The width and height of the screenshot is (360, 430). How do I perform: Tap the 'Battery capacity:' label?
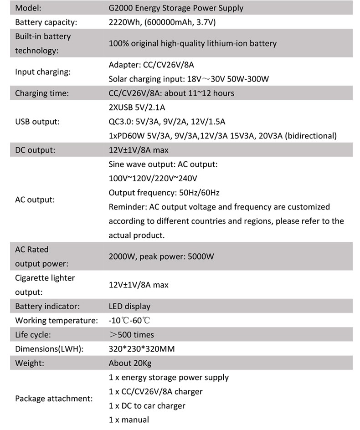[46, 22]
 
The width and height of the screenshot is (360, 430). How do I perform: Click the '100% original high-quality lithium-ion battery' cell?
[193, 43]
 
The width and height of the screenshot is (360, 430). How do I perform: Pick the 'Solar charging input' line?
[189, 79]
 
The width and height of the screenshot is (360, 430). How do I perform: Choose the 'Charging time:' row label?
[42, 93]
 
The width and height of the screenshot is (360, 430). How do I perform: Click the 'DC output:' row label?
[35, 150]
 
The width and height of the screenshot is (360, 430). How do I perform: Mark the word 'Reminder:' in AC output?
[127, 207]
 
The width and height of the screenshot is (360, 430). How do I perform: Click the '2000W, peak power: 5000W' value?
[161, 256]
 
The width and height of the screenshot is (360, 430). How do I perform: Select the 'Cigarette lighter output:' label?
[45, 285]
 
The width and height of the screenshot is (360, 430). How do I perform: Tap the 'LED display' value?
[129, 306]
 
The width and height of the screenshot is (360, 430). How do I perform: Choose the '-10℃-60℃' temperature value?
[129, 321]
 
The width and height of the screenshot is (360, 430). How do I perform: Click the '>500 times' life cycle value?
[132, 335]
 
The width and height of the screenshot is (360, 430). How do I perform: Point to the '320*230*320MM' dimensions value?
[142, 349]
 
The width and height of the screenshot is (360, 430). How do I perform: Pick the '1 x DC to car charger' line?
[147, 405]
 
